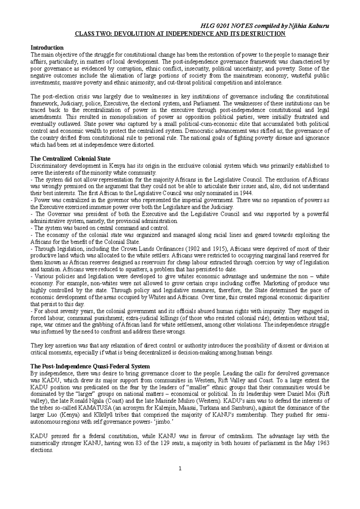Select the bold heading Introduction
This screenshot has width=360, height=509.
47,48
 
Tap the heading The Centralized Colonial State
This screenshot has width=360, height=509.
70,159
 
